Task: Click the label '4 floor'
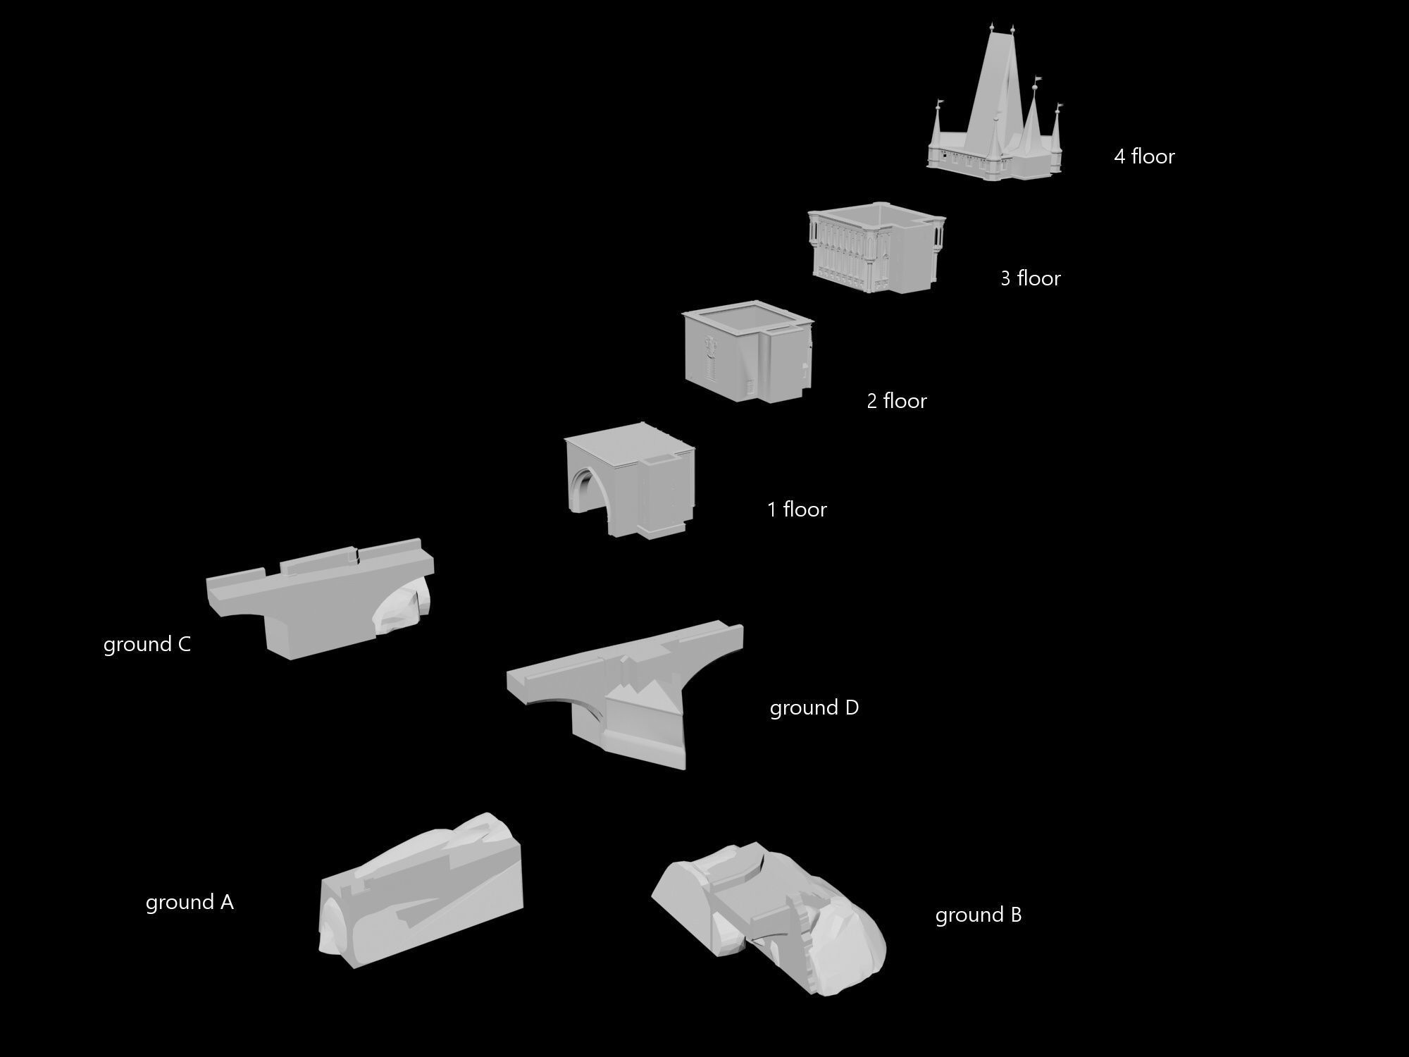(x=1144, y=156)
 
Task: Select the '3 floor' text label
(x=1031, y=278)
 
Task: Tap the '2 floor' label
(x=896, y=401)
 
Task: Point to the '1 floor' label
(x=797, y=509)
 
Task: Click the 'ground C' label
(x=147, y=645)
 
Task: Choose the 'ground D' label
(x=814, y=708)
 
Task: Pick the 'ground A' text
(x=190, y=903)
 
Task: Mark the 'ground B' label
(x=978, y=915)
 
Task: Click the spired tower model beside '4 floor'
(x=993, y=134)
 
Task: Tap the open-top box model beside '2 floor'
(x=747, y=352)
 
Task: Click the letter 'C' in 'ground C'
(x=185, y=645)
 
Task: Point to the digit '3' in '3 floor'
(x=1005, y=278)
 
